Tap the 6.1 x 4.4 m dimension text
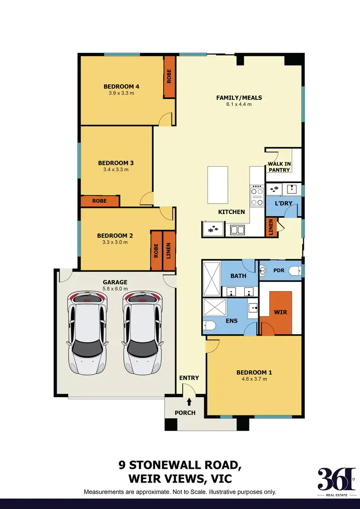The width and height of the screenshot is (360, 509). [x=239, y=104]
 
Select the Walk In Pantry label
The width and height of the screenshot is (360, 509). [x=279, y=167]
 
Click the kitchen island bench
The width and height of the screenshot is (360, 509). [x=217, y=185]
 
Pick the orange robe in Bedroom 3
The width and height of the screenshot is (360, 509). [x=99, y=201]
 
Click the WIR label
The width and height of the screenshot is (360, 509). [x=280, y=312]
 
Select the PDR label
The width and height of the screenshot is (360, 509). [x=279, y=270]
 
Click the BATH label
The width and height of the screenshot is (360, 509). [x=238, y=276]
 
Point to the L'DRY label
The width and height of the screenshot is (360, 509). [x=283, y=204]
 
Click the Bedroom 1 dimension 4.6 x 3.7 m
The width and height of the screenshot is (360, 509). [x=254, y=379]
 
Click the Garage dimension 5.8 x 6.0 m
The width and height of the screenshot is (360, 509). [x=115, y=289]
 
